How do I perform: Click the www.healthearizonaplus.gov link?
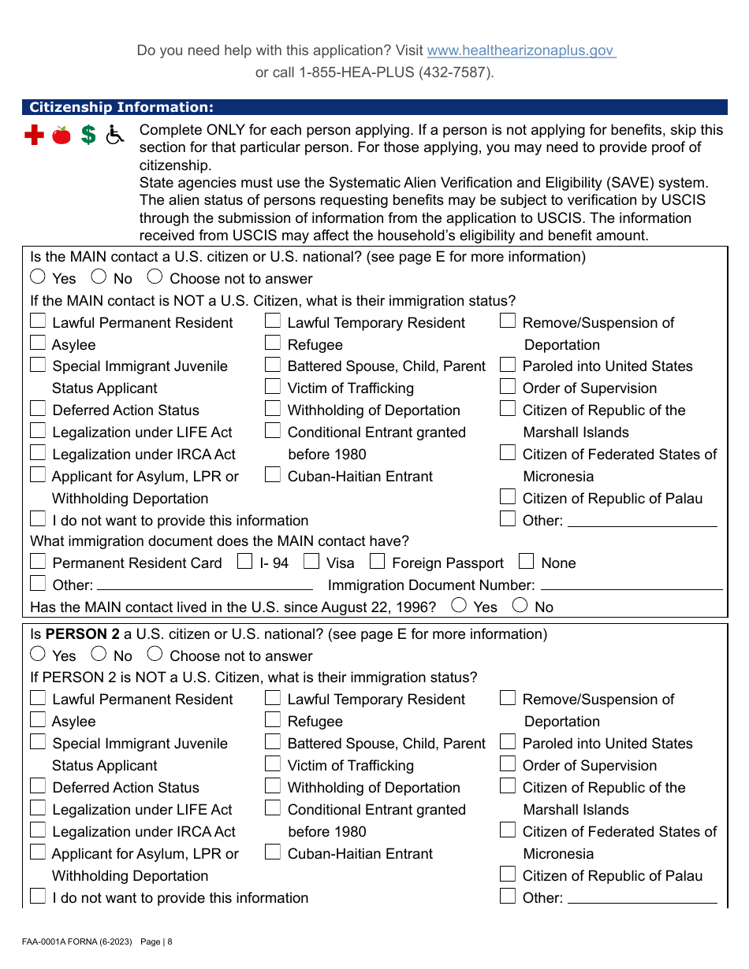[x=520, y=50]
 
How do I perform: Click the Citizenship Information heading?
[x=121, y=108]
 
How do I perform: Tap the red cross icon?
[x=34, y=136]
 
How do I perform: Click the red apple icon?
[x=61, y=136]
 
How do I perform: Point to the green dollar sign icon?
[x=88, y=136]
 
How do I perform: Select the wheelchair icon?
[x=115, y=136]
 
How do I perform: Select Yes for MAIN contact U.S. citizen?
[x=38, y=277]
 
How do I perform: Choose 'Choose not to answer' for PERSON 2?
[x=155, y=654]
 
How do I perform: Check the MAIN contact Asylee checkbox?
[x=38, y=343]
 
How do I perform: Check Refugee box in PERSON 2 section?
[x=273, y=719]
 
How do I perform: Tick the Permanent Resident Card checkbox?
[x=38, y=562]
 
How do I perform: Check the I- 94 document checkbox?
[x=245, y=562]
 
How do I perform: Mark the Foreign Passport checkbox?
[x=377, y=562]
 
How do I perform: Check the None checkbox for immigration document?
[x=527, y=562]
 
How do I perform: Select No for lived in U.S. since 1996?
[x=520, y=606]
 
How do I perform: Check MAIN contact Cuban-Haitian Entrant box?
[x=273, y=474]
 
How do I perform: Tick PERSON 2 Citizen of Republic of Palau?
[x=509, y=874]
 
